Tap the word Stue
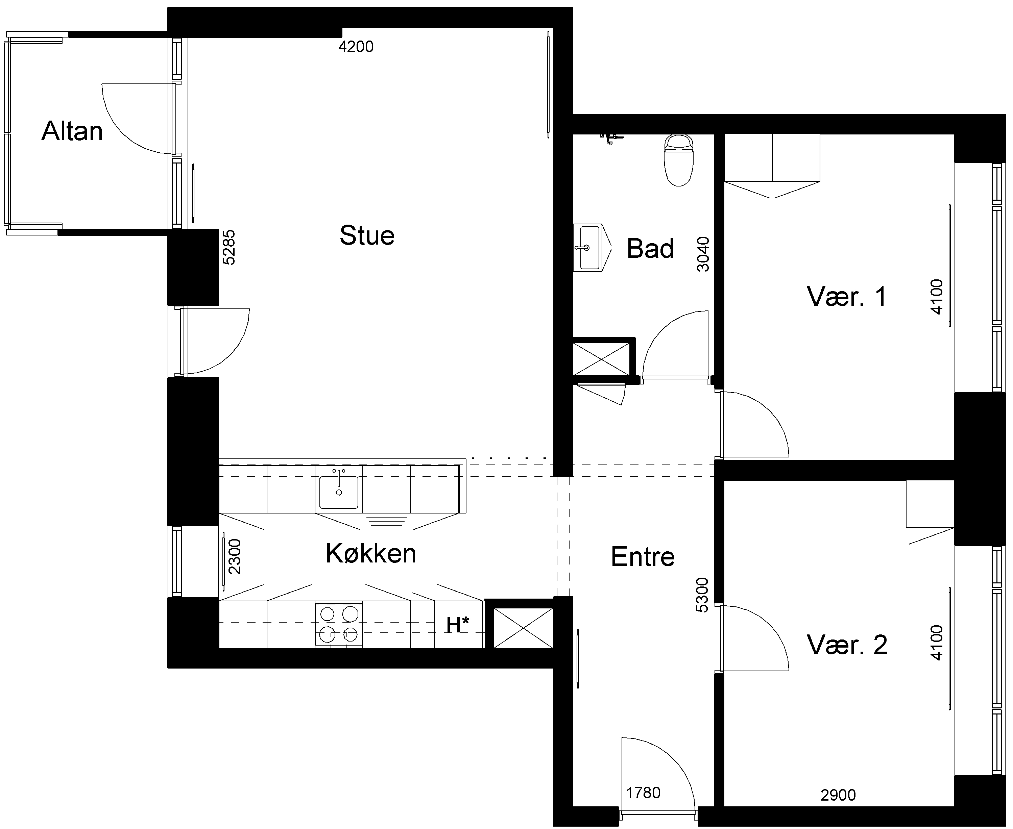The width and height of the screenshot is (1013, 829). pyautogui.click(x=367, y=235)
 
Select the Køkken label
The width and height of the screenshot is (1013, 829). pyautogui.click(x=371, y=553)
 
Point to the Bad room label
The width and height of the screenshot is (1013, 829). pyautogui.click(x=650, y=248)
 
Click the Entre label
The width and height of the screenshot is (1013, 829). pyautogui.click(x=643, y=557)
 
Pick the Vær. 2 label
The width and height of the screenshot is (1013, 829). pyautogui.click(x=847, y=645)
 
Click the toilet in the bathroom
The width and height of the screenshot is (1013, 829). pyautogui.click(x=678, y=160)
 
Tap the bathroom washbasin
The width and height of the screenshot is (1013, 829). pyautogui.click(x=593, y=247)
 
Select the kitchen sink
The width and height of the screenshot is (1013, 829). pyautogui.click(x=339, y=491)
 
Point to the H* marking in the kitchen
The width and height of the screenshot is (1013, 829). pyautogui.click(x=458, y=625)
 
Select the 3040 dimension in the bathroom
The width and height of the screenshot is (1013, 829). pyautogui.click(x=703, y=254)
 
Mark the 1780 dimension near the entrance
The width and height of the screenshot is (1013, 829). pyautogui.click(x=643, y=793)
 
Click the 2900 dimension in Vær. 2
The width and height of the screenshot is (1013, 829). pyautogui.click(x=838, y=795)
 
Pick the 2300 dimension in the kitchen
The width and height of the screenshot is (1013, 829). pyautogui.click(x=235, y=557)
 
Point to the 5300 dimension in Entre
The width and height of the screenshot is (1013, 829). pyautogui.click(x=702, y=595)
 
